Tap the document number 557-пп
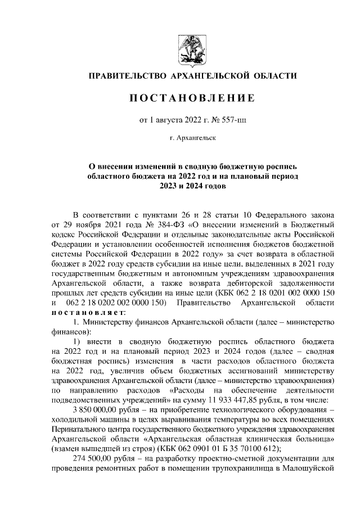pos(222,119)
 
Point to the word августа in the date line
pos(168,119)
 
